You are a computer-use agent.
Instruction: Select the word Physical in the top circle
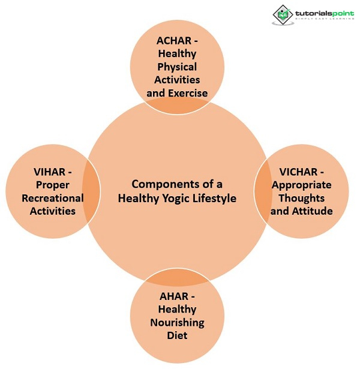177,67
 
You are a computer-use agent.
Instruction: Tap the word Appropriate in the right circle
301,185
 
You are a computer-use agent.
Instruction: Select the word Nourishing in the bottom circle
177,322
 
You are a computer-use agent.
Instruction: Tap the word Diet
177,335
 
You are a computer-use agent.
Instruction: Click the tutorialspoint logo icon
283,14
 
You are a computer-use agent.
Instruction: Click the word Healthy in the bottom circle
177,309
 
